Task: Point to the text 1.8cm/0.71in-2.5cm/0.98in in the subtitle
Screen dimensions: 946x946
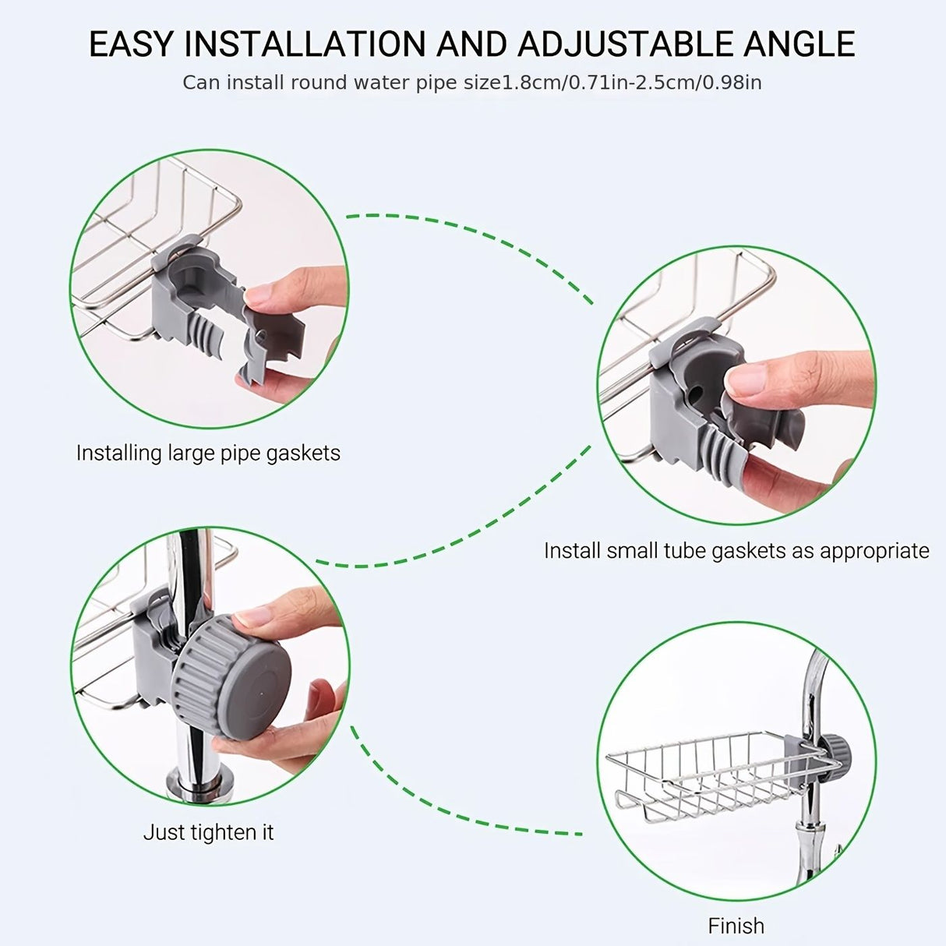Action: (x=631, y=83)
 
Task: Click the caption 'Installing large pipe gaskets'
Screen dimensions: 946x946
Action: (x=208, y=453)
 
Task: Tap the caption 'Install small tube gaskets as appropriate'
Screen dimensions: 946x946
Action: (x=736, y=551)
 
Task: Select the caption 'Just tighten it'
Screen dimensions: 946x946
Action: (x=208, y=832)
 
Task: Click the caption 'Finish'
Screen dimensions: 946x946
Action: (x=736, y=926)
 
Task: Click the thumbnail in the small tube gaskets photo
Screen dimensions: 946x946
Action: (x=746, y=379)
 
